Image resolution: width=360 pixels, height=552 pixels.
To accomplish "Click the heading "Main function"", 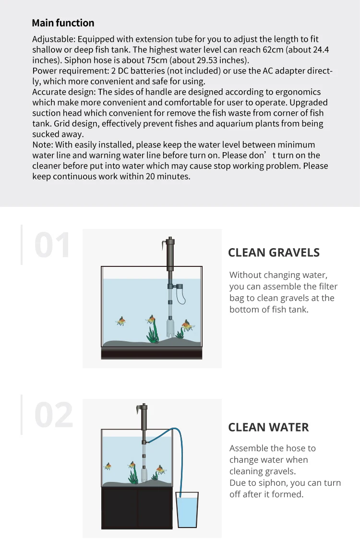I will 63,23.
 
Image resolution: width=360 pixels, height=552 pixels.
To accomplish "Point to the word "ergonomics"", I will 297,92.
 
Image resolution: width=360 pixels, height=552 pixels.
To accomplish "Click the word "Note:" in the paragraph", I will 43,145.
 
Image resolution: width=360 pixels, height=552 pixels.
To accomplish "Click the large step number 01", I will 52,245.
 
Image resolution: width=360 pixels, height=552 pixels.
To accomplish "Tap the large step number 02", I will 53,415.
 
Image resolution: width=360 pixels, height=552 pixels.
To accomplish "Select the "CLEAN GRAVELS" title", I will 274,253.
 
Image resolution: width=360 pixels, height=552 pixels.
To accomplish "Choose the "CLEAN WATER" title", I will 268,427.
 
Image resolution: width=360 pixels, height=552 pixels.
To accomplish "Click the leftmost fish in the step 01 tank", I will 121,321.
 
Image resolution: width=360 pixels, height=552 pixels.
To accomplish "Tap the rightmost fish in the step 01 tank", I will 188,326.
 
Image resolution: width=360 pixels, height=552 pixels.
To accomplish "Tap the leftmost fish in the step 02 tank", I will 108,466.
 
